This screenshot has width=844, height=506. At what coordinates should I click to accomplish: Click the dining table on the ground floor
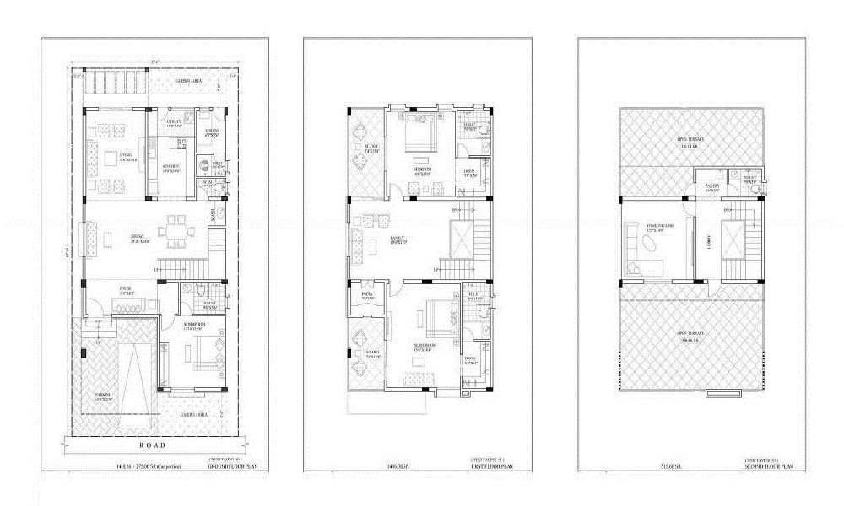coord(177,230)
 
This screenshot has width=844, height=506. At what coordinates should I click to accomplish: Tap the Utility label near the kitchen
coord(175,123)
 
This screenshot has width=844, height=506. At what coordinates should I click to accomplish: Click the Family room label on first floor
coord(398,240)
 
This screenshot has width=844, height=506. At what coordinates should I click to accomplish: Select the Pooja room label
coord(367,297)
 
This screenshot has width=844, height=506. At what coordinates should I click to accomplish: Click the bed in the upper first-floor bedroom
coord(419,131)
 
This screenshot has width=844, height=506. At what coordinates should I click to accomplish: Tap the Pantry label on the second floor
coord(711,189)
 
